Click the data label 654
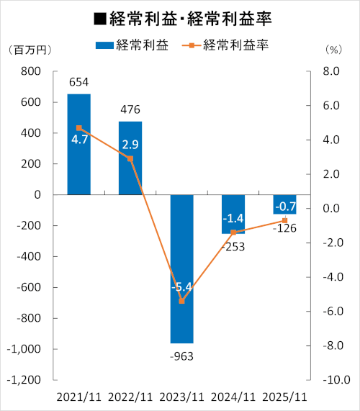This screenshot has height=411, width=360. pyautogui.click(x=78, y=83)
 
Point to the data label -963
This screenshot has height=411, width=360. pyautogui.click(x=181, y=356)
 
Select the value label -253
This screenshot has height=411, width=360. pyautogui.click(x=233, y=246)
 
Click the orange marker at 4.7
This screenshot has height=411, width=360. pyautogui.click(x=78, y=128)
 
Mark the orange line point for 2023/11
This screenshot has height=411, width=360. pyautogui.click(x=181, y=301)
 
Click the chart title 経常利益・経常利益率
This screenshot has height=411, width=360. pyautogui.click(x=180, y=16)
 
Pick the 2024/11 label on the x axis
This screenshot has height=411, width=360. pyautogui.click(x=233, y=397)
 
